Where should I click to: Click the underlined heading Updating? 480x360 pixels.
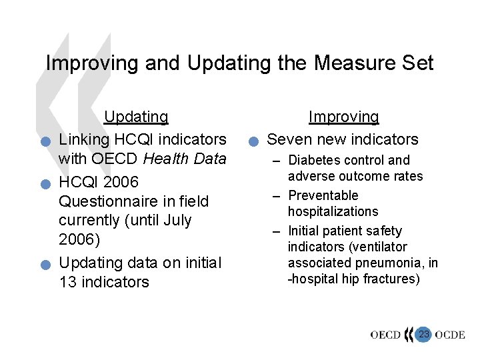coord(136,117)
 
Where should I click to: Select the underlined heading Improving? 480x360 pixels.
coord(343,117)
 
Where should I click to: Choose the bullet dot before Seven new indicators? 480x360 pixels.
coord(252,141)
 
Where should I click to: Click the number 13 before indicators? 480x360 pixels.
coord(68,282)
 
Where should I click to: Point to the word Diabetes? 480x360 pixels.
coord(313,160)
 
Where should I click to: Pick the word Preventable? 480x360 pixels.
coord(323,195)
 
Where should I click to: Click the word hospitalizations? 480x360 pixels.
coord(333,211)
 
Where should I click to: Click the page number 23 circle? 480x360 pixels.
coord(423,333)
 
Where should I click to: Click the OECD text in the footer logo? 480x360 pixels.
coord(386,335)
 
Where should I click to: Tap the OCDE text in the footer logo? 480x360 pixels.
coord(450,335)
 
